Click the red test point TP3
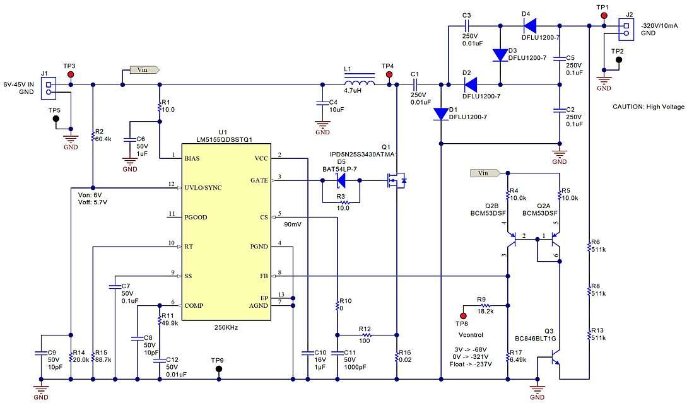(70, 74)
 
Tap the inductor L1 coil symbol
(358, 81)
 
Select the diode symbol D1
(440, 114)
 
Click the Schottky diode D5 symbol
(341, 180)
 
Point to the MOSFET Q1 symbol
(396, 181)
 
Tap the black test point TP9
(219, 368)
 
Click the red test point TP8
(464, 315)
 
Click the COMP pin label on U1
(194, 305)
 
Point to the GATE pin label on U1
(259, 180)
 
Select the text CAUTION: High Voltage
(648, 107)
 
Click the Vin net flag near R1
(144, 70)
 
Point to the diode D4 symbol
(529, 26)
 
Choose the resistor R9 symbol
(486, 305)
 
